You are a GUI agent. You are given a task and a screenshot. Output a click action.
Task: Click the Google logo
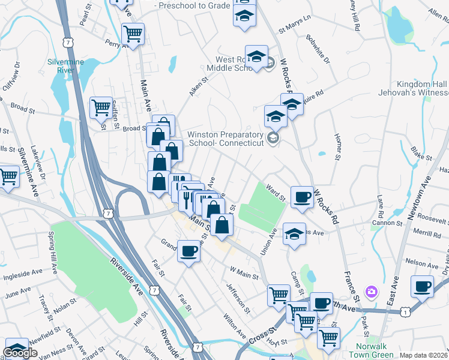tap(20, 353)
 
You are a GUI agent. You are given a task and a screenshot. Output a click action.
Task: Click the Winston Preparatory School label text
tap(225, 139)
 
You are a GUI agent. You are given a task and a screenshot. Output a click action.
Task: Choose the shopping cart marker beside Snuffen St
tap(101, 108)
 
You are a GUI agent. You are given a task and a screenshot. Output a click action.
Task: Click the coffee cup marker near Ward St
tap(301, 196)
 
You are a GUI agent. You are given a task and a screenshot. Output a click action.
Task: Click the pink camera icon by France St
tap(372, 292)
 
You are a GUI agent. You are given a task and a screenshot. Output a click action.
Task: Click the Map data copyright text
tap(424, 355)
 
